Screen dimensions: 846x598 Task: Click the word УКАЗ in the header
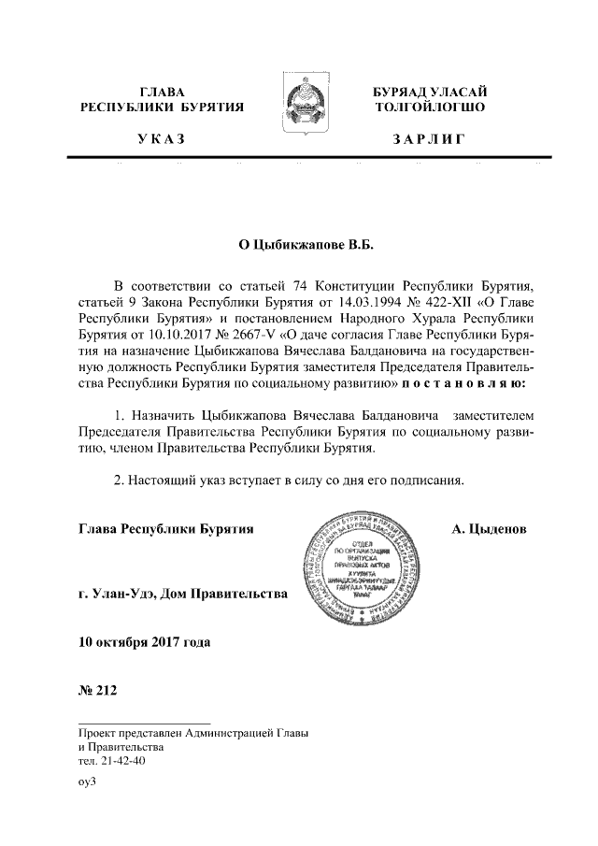pos(161,140)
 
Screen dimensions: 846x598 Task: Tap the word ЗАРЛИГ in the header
pos(429,140)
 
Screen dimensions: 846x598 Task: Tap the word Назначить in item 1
pos(168,412)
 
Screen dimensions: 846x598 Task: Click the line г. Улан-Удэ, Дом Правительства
pos(183,593)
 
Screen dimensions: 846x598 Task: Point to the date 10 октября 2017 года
pos(145,643)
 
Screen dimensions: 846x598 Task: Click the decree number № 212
pos(95,692)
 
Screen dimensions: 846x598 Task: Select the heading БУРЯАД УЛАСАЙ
pos(428,93)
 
